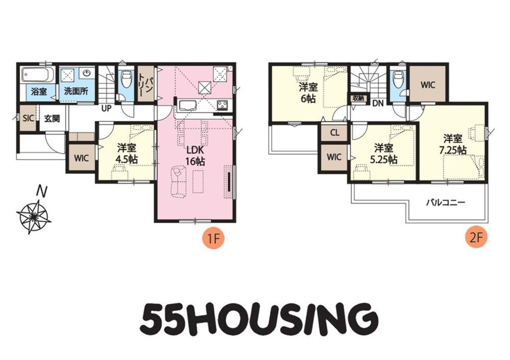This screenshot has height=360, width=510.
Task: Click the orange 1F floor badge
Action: [214, 239]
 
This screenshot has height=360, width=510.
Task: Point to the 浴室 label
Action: [39, 91]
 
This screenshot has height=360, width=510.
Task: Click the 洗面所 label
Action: [76, 91]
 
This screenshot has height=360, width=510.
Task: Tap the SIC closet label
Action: [28, 118]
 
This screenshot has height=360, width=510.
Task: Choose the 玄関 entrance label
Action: [52, 118]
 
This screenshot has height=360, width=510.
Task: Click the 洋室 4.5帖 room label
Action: [127, 153]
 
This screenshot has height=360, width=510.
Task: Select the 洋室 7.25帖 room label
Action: [453, 144]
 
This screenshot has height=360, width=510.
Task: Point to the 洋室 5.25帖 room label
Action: [384, 153]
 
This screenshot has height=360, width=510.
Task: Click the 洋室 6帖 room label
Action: [308, 93]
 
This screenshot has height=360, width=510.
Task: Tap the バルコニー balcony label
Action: [446, 203]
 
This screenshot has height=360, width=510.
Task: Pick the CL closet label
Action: [335, 133]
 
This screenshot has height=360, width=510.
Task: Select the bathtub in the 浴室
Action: [36, 75]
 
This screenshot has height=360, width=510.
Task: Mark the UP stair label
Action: [107, 108]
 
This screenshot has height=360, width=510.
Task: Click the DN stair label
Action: [378, 104]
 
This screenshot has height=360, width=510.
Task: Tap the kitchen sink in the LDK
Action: [186, 106]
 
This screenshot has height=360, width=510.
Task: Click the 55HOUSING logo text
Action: [259, 317]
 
